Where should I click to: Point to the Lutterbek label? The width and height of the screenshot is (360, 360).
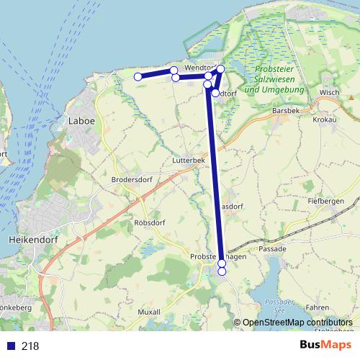(189, 161)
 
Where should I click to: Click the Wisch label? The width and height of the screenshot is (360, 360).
(329, 93)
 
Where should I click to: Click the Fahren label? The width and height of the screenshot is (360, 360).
(318, 307)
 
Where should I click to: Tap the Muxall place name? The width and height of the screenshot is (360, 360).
(148, 312)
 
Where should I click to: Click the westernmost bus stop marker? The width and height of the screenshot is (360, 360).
(138, 76)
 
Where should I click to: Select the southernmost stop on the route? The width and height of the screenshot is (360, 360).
(222, 271)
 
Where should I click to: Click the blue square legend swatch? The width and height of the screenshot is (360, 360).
(10, 346)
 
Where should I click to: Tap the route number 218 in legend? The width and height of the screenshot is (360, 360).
(30, 346)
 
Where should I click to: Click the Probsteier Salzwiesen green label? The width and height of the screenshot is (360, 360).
(274, 80)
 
